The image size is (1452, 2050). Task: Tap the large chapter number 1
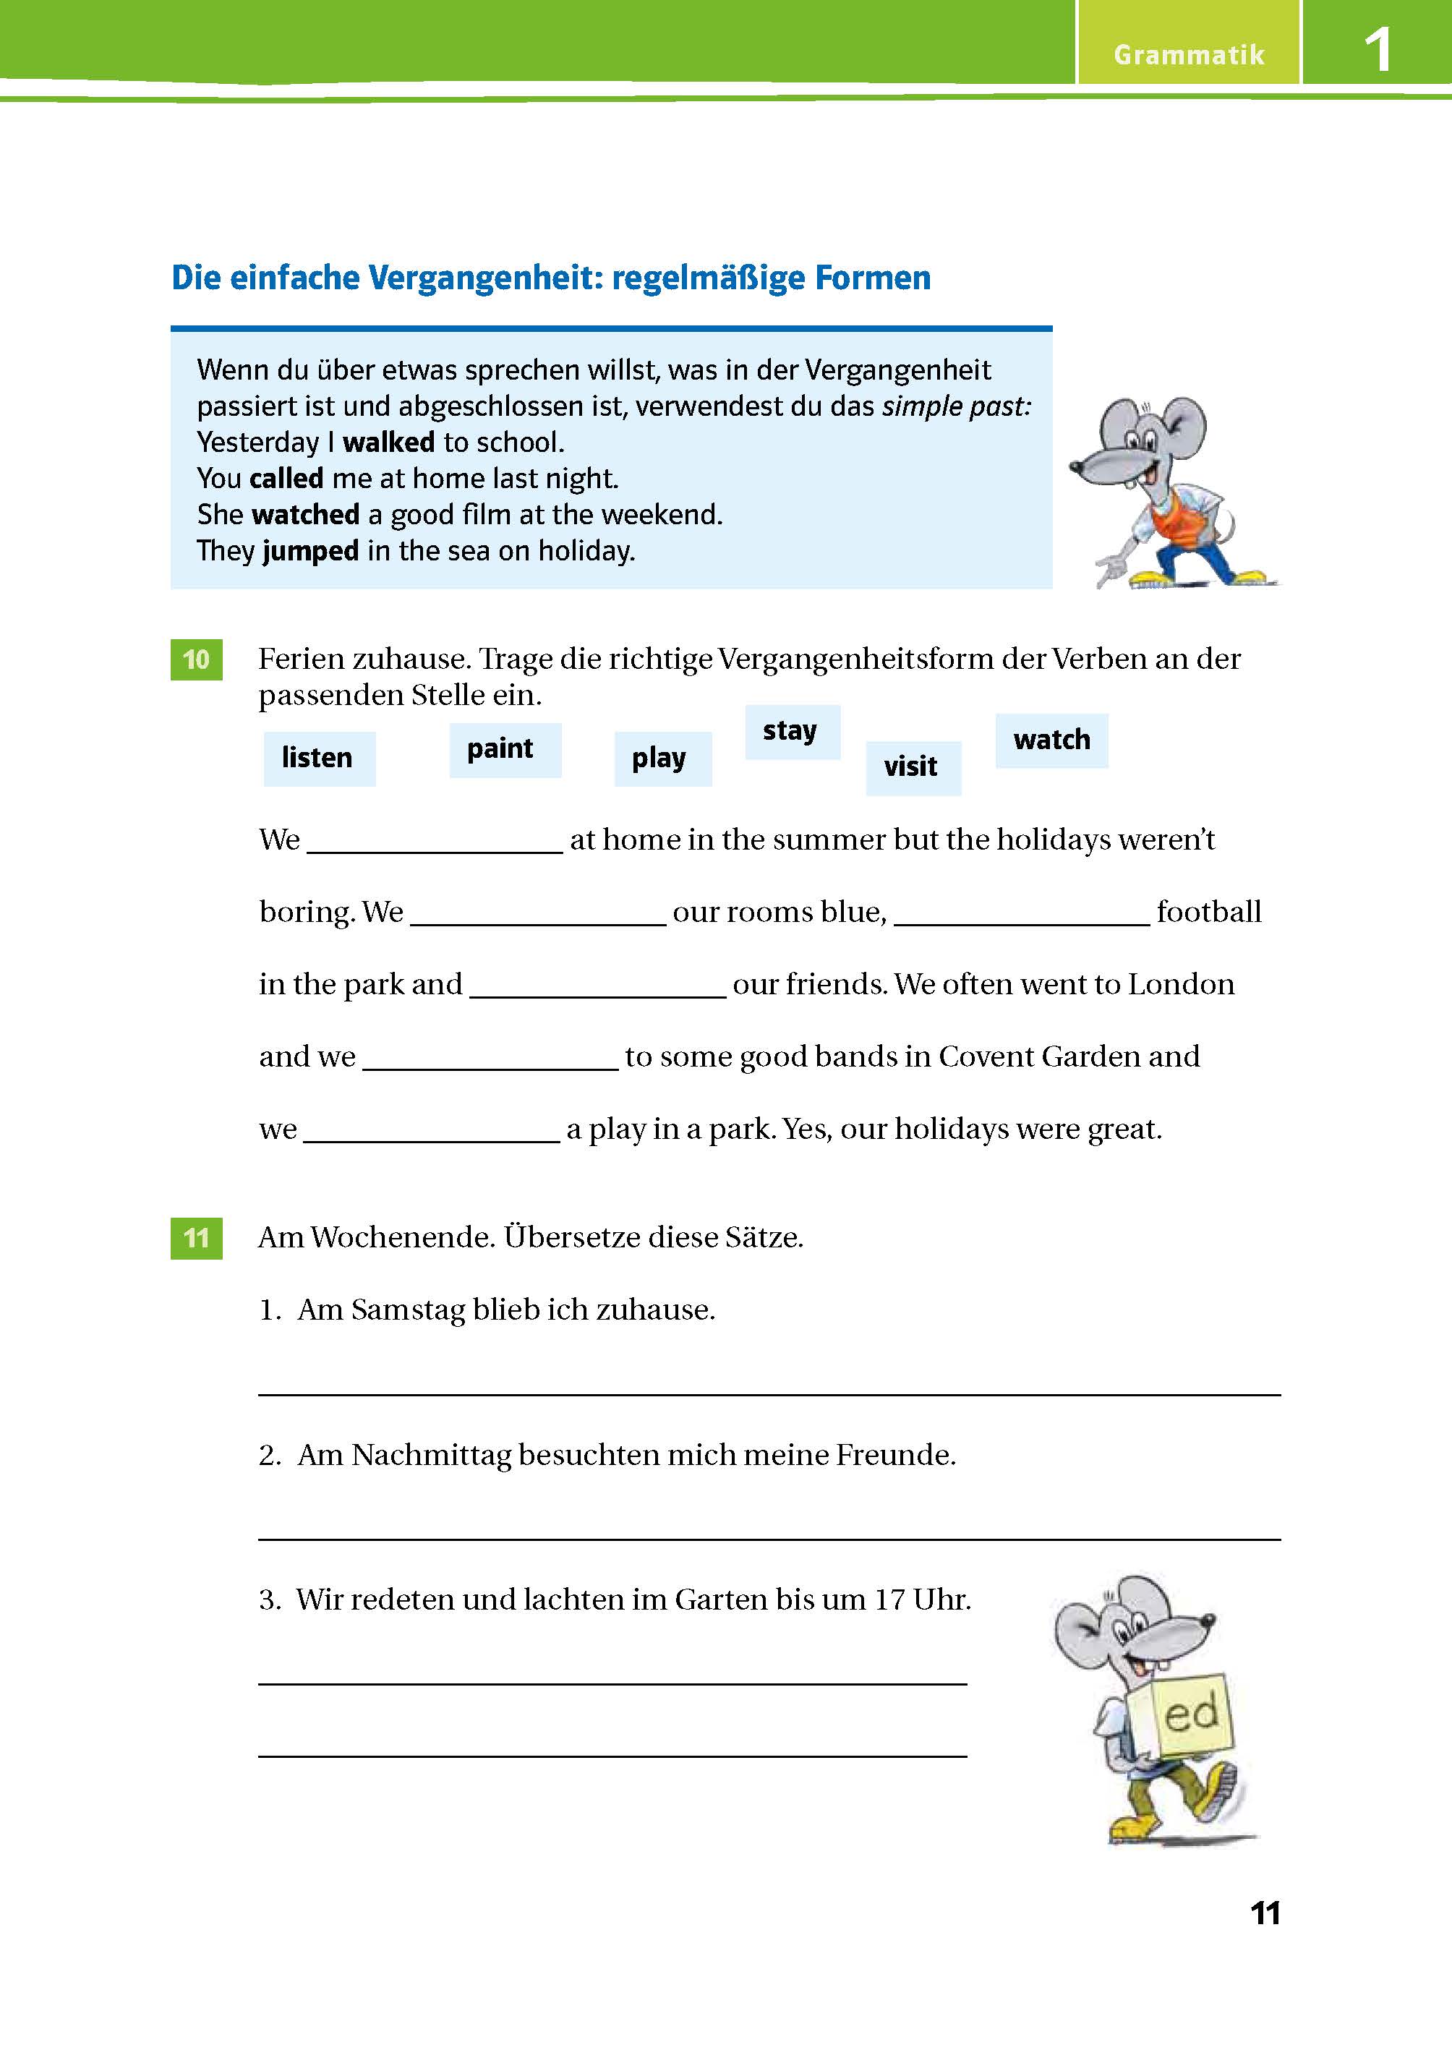[x=1377, y=50]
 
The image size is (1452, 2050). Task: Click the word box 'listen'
[x=318, y=758]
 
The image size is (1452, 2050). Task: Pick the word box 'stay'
[x=791, y=731]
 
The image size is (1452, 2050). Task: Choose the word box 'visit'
[x=912, y=767]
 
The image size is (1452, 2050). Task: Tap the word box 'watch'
[x=1051, y=740]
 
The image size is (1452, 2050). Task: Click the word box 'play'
[x=662, y=758]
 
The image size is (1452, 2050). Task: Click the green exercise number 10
[x=196, y=659]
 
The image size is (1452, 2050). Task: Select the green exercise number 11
[x=196, y=1238]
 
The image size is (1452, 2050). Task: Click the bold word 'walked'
[x=388, y=443]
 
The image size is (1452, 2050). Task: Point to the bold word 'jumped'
[x=310, y=551]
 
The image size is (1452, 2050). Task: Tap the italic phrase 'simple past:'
[x=956, y=407]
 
